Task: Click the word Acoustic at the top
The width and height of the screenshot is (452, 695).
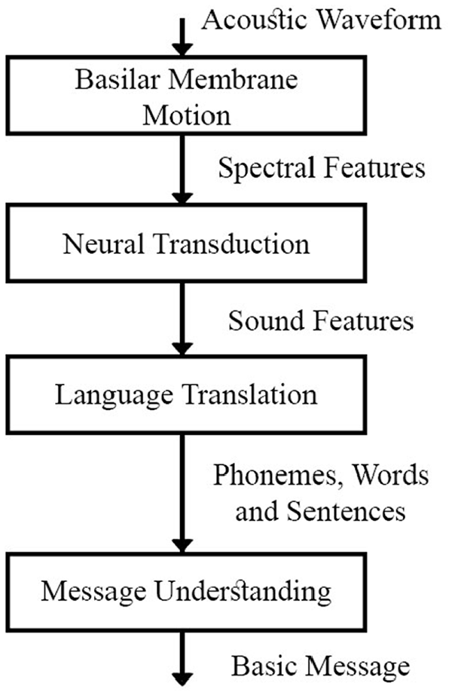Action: pyautogui.click(x=255, y=20)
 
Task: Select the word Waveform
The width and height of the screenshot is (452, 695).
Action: pyautogui.click(x=380, y=20)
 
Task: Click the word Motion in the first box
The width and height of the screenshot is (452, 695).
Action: pyautogui.click(x=187, y=115)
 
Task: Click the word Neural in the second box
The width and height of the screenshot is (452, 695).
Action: pyautogui.click(x=103, y=244)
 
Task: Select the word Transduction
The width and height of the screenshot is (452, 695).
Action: pyautogui.click(x=232, y=244)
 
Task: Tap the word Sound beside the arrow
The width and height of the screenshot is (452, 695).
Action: pyautogui.click(x=267, y=320)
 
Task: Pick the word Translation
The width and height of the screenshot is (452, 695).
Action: pyautogui.click(x=250, y=394)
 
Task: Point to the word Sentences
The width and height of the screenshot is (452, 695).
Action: pyautogui.click(x=346, y=511)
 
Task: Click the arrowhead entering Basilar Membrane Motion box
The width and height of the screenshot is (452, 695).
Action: pyautogui.click(x=182, y=49)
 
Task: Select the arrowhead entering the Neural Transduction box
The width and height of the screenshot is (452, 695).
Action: pyautogui.click(x=182, y=197)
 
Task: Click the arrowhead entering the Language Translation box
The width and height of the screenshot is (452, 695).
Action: pyautogui.click(x=182, y=348)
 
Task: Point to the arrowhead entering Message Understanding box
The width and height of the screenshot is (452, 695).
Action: pyautogui.click(x=182, y=545)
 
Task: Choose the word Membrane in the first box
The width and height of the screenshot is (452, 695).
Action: pyautogui.click(x=234, y=80)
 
